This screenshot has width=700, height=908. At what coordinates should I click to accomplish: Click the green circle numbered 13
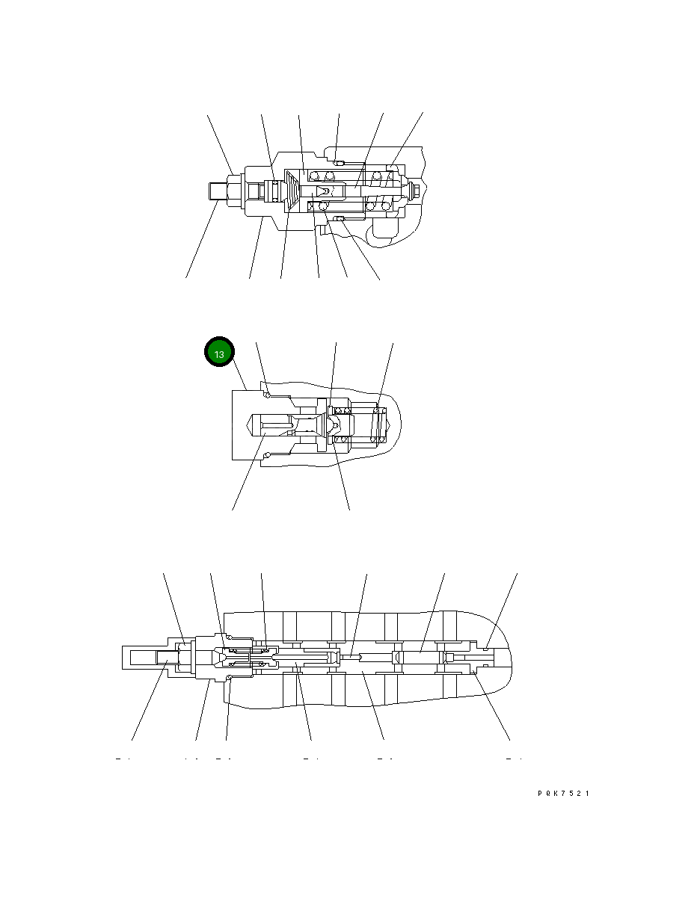click(x=220, y=354)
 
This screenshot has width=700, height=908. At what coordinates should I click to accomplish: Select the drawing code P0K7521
click(x=563, y=794)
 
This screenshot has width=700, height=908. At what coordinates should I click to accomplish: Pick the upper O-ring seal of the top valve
click(x=338, y=163)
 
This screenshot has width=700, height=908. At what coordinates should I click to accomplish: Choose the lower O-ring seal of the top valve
click(x=338, y=218)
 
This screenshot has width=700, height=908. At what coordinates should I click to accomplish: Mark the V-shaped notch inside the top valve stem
click(x=322, y=191)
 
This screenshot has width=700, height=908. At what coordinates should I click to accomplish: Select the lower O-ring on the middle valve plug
click(x=266, y=452)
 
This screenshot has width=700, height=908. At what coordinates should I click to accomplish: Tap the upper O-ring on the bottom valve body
click(x=230, y=637)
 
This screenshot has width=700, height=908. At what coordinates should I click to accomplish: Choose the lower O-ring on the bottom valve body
click(x=230, y=678)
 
